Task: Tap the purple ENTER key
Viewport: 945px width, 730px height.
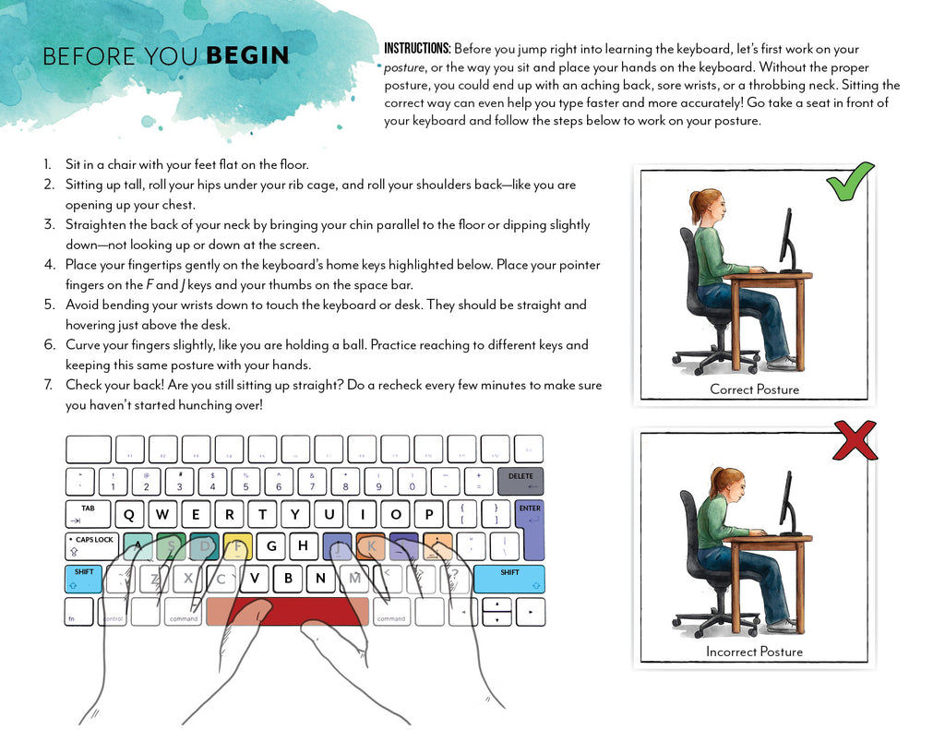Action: tap(530, 530)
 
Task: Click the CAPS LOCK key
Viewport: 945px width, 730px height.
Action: tap(91, 545)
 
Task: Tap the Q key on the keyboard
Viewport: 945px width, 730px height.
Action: tap(129, 515)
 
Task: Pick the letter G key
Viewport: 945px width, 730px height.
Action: tap(271, 545)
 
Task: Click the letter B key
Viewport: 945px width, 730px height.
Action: tap(288, 579)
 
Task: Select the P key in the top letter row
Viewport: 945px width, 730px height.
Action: tap(427, 515)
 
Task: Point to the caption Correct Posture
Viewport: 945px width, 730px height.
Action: tap(754, 389)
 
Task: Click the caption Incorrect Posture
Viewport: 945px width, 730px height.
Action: tap(754, 652)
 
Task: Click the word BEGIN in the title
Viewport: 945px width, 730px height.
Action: tap(247, 56)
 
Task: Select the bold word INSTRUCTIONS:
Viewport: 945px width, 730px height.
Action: tap(417, 49)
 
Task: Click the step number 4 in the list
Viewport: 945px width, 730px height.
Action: tap(47, 265)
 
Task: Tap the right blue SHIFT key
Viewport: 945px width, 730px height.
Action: tap(508, 579)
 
